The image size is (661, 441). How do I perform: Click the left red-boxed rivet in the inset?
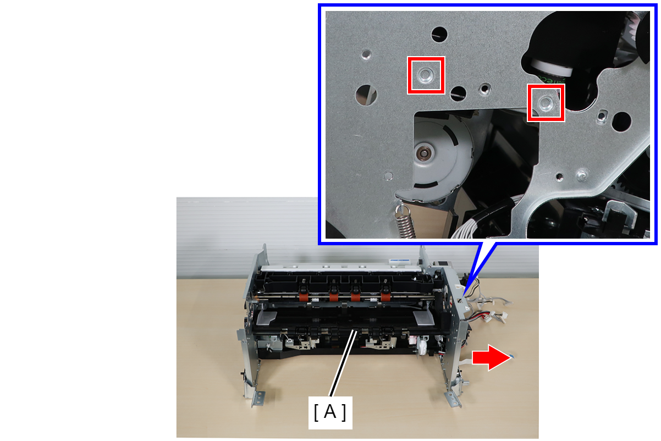tap(426, 75)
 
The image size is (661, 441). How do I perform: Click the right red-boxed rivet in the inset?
tap(546, 103)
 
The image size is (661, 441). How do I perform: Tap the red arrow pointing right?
tap(491, 357)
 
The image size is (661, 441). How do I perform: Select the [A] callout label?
tap(330, 412)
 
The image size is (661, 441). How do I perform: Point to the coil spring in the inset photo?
tap(405, 222)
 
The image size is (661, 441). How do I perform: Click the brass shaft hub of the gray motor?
tap(425, 153)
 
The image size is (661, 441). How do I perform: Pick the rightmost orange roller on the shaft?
tap(385, 296)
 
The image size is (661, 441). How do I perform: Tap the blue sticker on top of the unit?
tap(399, 261)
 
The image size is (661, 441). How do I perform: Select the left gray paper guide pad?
tap(266, 318)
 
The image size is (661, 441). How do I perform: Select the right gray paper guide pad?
tap(424, 318)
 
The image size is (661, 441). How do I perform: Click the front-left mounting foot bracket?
tap(257, 399)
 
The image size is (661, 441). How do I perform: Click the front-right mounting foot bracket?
tap(454, 400)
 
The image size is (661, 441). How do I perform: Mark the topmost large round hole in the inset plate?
tap(439, 35)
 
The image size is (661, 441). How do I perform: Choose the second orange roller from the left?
tap(334, 296)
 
